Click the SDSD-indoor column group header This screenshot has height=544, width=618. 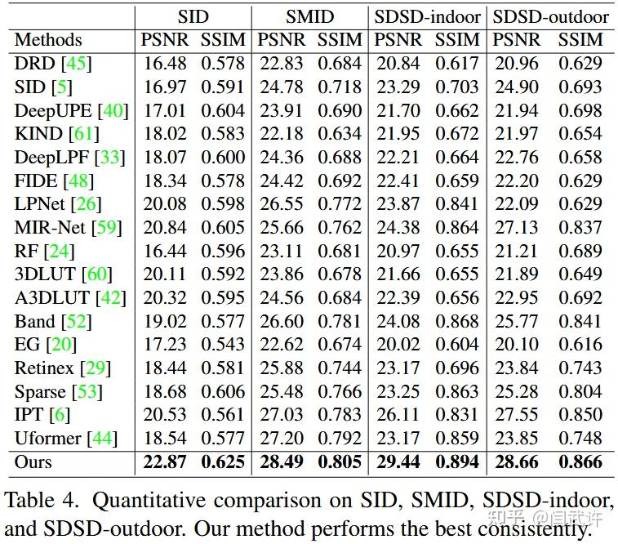428,16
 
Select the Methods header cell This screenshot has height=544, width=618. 48,39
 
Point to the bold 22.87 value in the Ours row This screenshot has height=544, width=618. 165,462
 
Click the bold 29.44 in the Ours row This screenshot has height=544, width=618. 398,462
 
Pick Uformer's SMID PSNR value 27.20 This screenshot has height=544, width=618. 281,439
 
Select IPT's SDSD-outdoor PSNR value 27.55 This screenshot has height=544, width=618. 516,415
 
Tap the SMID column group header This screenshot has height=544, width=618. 309,16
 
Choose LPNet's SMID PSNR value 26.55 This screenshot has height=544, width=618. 281,204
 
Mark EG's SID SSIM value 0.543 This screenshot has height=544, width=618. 223,345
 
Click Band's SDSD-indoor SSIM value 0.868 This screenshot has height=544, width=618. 457,321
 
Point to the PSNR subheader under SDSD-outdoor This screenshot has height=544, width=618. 516,39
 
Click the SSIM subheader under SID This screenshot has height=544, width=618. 223,39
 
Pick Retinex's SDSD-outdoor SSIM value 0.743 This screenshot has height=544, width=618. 580,368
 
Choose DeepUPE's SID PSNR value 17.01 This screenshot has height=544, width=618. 165,110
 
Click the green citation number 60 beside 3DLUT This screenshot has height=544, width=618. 97,274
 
